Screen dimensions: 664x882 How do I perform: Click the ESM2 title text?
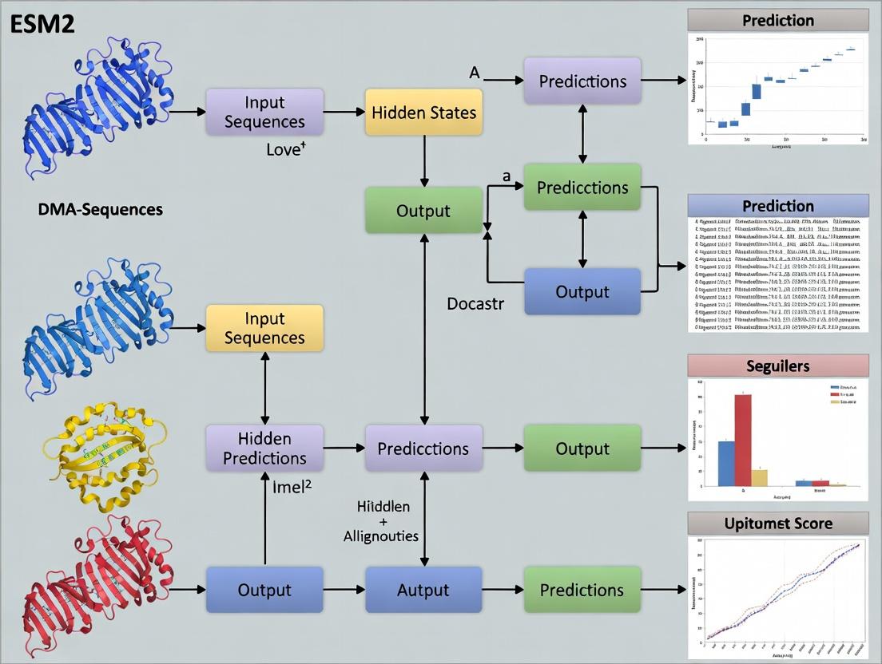point(42,23)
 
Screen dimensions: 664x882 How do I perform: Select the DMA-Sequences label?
point(101,210)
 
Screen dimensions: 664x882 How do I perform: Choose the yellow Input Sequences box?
point(264,328)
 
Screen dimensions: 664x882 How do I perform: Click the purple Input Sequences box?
point(264,112)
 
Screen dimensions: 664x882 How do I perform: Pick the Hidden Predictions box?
point(264,449)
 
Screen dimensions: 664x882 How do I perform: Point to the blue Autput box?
point(423,590)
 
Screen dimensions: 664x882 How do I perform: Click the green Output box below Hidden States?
point(423,211)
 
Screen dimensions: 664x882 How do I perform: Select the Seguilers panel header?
point(777,366)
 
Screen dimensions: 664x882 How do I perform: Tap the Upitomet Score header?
point(777,524)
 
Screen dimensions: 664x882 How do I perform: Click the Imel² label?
point(291,488)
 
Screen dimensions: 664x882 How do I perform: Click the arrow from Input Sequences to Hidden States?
point(344,112)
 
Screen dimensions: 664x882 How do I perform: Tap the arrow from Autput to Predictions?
point(503,590)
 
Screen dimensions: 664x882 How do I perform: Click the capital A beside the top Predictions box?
point(474,73)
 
